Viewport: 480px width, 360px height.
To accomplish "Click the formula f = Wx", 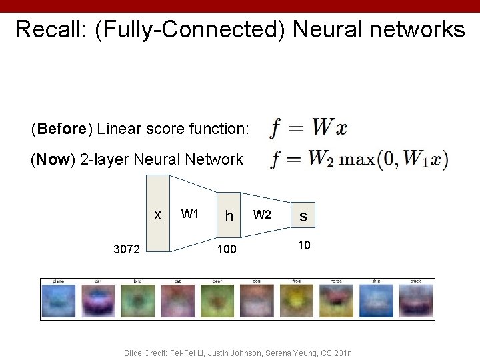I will (308, 127).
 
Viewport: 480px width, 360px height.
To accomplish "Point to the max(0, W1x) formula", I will (394, 159).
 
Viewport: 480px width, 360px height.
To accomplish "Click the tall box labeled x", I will (158, 213).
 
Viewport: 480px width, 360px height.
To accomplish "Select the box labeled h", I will (229, 215).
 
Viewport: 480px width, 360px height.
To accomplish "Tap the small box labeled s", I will (303, 217).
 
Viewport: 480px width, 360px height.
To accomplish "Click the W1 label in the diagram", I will (190, 214).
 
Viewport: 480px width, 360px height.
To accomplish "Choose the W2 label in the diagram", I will (262, 214).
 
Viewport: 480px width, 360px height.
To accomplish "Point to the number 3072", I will (126, 250).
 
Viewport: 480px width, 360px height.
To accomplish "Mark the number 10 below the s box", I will (303, 245).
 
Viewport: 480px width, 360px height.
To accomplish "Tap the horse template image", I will (337, 299).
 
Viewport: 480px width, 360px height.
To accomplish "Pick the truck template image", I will (415, 299).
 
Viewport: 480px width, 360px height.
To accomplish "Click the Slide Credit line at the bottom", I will (238, 352).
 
